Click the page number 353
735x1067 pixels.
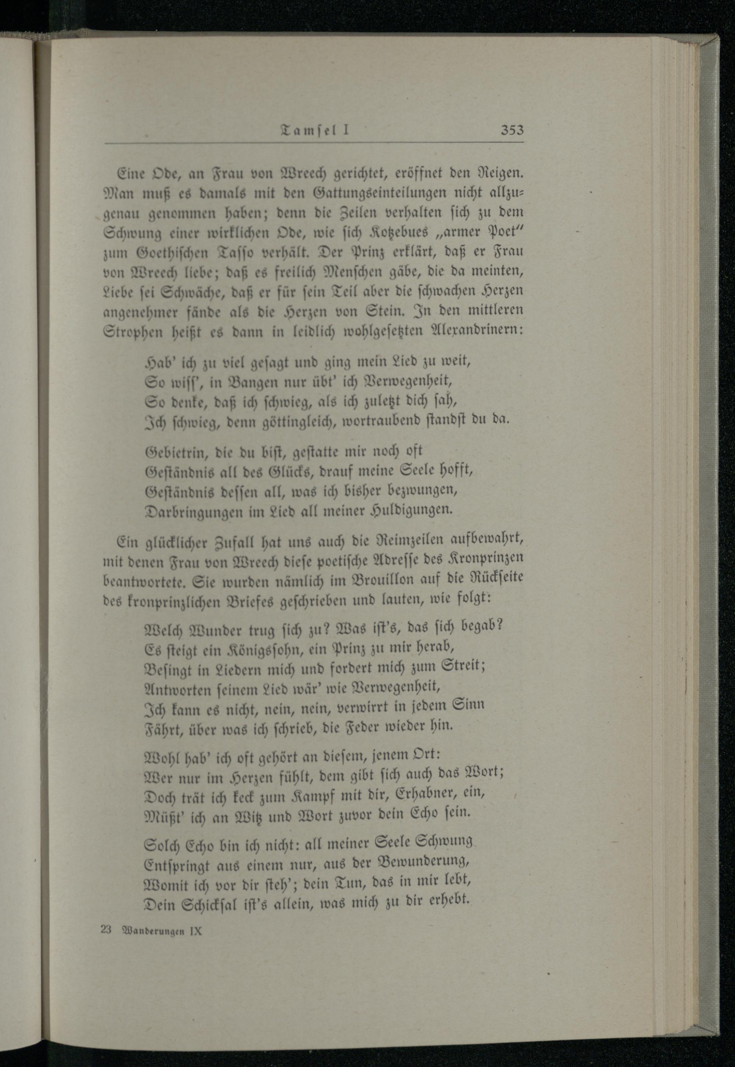tap(512, 130)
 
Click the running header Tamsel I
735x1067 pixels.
tap(315, 130)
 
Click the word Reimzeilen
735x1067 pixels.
tap(409, 538)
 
